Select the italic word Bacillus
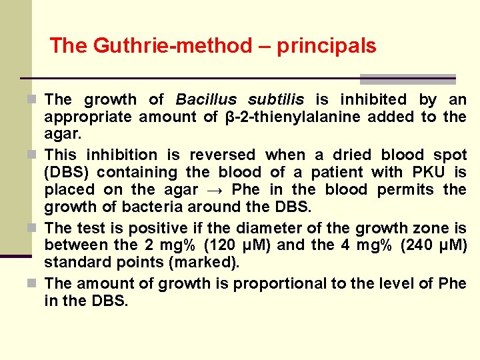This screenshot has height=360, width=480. (206, 99)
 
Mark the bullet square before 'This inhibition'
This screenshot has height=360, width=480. (36, 155)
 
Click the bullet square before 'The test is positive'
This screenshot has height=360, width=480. (36, 228)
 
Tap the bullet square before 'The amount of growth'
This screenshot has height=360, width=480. (36, 283)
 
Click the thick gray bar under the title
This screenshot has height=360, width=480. (407, 79)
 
